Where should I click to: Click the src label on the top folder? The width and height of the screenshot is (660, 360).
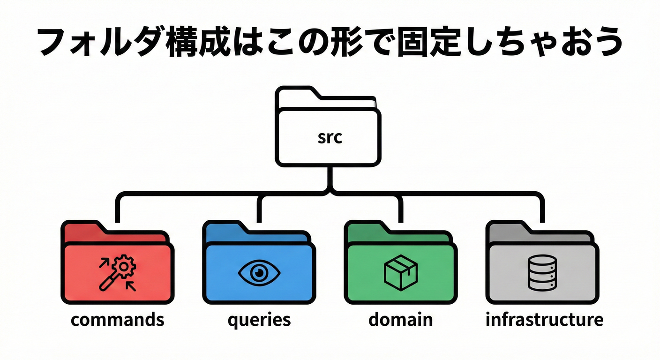click(x=329, y=138)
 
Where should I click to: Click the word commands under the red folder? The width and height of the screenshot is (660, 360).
click(x=117, y=320)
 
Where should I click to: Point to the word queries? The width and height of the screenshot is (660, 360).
click(x=259, y=321)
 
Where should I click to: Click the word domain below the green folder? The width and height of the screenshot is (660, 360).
click(x=400, y=320)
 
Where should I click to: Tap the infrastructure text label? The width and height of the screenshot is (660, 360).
click(x=544, y=320)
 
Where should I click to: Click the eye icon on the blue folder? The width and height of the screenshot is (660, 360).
click(x=259, y=272)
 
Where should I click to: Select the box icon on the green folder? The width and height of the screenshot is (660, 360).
click(x=400, y=272)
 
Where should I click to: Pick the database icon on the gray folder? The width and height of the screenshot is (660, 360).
click(x=542, y=272)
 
